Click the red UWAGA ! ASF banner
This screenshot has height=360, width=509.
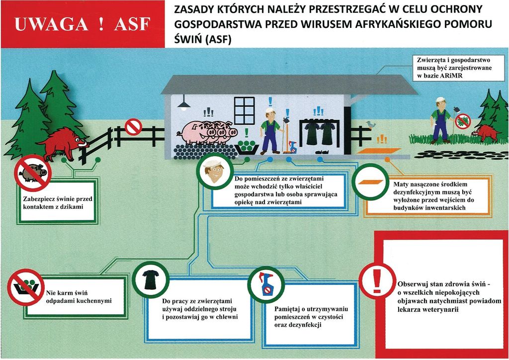[83, 24]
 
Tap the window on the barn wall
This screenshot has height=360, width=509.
[244, 110]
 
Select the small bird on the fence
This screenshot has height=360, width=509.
[371, 124]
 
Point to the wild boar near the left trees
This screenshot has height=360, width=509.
[62, 142]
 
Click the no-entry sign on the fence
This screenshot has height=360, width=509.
[133, 127]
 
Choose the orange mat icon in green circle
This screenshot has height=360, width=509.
[370, 182]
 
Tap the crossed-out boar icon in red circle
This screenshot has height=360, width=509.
[33, 173]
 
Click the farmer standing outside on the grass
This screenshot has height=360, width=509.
[440, 120]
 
